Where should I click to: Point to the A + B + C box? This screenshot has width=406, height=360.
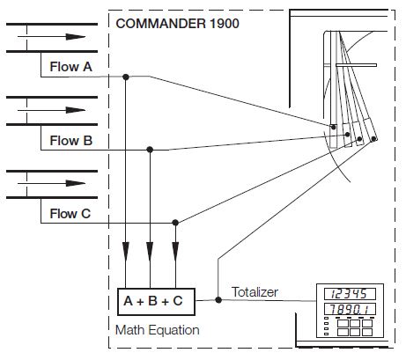point(155,301)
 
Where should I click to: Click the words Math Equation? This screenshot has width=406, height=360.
point(158,330)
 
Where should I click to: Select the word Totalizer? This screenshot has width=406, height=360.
point(256,291)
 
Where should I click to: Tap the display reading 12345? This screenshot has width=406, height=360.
point(351,293)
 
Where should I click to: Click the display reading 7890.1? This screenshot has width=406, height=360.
point(351,310)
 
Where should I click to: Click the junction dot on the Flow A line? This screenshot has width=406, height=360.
point(126,77)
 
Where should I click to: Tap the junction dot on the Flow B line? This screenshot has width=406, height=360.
point(151,150)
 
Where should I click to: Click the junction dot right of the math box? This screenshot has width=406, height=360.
point(218,301)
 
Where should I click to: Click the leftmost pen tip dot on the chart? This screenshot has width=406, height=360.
point(334,129)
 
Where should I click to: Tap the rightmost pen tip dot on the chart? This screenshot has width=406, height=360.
point(374,139)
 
